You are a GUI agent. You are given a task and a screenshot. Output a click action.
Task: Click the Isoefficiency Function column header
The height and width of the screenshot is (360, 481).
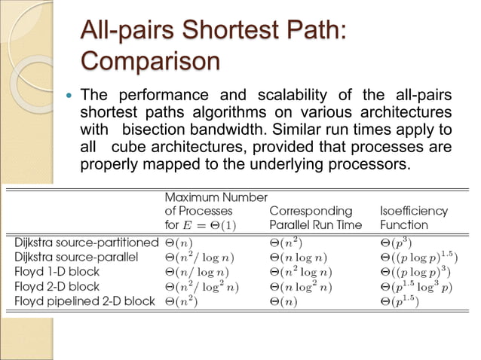(414, 218)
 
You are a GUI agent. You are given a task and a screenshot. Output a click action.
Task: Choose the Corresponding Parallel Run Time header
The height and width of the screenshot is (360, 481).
(315, 218)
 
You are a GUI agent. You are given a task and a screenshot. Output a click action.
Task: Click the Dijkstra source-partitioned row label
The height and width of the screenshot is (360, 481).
(86, 243)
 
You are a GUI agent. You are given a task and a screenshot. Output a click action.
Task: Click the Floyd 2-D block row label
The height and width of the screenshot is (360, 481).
(57, 286)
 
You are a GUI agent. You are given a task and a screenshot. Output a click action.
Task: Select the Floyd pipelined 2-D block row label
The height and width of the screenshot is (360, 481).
(84, 301)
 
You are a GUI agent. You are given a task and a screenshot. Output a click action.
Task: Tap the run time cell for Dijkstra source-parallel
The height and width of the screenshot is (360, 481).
(299, 257)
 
